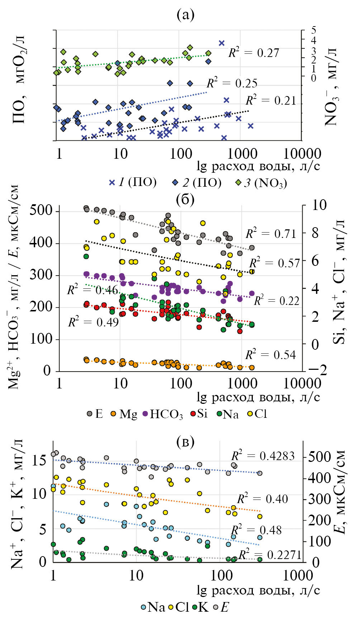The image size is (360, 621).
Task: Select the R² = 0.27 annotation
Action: (254, 52)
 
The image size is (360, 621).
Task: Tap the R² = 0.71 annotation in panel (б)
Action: (271, 234)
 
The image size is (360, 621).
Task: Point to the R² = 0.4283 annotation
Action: (263, 456)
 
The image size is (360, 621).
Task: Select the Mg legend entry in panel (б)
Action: (124, 414)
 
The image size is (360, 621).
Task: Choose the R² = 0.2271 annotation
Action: (270, 555)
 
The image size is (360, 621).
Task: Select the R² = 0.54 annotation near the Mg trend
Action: (270, 355)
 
